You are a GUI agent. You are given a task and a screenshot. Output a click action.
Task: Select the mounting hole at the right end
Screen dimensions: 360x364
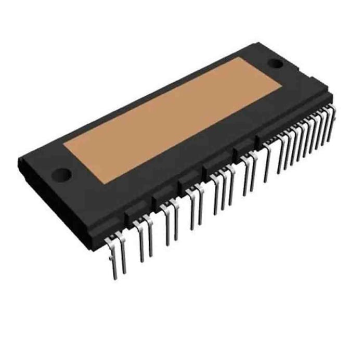click(276, 64)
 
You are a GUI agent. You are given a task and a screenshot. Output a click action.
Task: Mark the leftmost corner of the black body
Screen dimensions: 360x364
click(18, 156)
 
